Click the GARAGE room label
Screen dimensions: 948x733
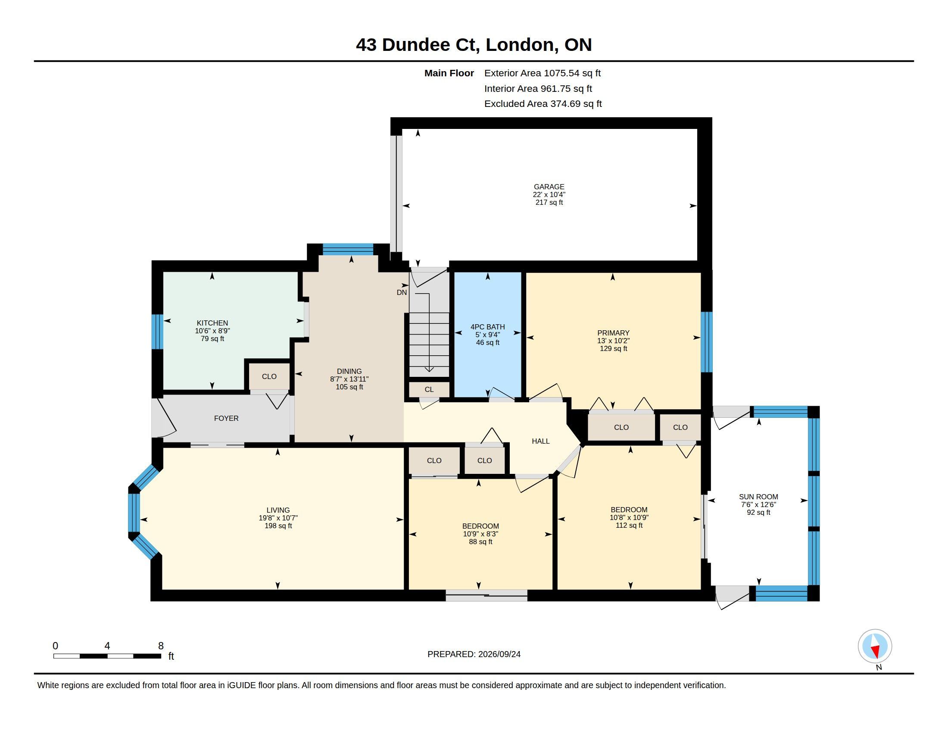coord(549,187)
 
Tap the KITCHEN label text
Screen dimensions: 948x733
coord(212,323)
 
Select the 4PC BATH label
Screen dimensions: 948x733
coord(487,327)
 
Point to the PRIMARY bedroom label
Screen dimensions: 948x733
coord(613,333)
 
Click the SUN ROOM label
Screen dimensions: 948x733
coord(758,497)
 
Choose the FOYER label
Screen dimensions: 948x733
coord(226,418)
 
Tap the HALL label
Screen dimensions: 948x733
coord(541,441)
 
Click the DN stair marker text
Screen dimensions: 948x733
coord(402,293)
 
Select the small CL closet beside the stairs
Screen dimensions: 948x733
coord(429,389)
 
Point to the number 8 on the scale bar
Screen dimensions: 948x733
coord(161,646)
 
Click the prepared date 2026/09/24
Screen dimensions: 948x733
coord(499,654)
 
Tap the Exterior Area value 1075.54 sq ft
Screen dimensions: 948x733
coord(573,73)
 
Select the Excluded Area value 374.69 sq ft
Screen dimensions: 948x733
coord(576,104)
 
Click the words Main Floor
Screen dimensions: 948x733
coord(449,73)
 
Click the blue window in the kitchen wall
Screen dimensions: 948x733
coord(157,332)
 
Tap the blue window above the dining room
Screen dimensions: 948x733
coord(348,249)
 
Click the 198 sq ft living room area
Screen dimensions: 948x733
coord(278,526)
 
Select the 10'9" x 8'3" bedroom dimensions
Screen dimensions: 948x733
coord(480,534)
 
